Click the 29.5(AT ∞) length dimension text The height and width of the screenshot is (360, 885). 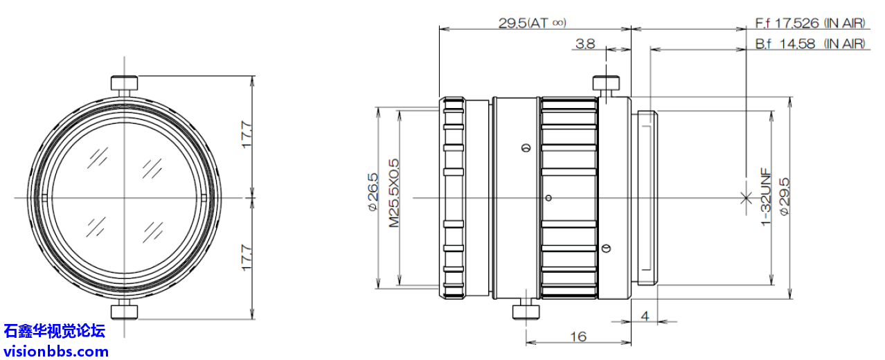point(532,23)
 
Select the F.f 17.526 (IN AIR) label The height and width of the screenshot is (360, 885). point(810,23)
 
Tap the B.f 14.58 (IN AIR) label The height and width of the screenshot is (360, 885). point(810,44)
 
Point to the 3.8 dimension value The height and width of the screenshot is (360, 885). point(585,44)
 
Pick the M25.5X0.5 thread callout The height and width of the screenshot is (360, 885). point(394,193)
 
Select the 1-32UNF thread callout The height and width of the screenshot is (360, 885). point(766,197)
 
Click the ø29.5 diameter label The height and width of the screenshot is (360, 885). point(784,197)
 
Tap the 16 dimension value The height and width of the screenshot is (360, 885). point(578,336)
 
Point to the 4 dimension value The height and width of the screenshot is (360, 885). point(645,316)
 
